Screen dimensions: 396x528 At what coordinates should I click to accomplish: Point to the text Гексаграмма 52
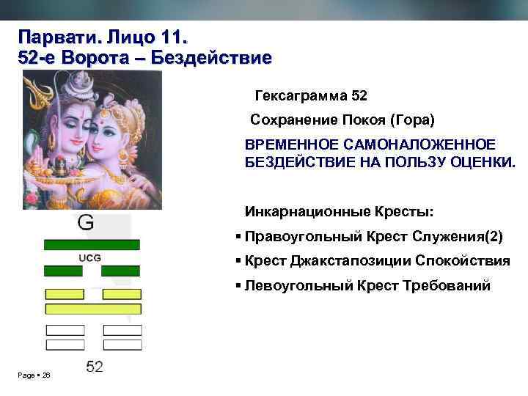[x=311, y=95]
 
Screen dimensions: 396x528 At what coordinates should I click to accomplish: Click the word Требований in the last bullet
[x=450, y=285]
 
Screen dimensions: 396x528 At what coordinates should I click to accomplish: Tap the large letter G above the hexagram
[x=86, y=223]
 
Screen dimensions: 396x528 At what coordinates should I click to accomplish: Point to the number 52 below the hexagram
[x=94, y=366]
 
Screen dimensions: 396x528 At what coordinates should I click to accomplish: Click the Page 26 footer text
[x=34, y=375]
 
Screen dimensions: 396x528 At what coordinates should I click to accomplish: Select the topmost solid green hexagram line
[x=92, y=244]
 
